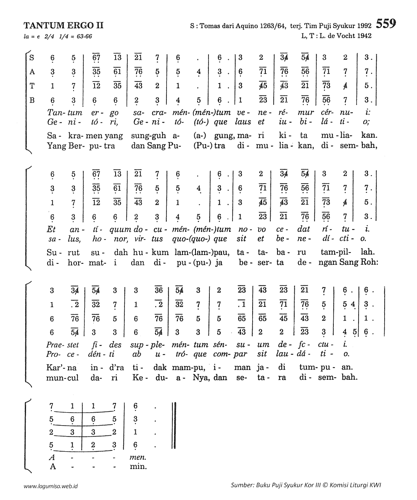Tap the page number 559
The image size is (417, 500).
(x=386, y=24)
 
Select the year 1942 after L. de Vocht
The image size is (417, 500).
(x=364, y=36)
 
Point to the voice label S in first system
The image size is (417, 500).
(x=32, y=58)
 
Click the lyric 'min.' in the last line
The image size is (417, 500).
(x=138, y=466)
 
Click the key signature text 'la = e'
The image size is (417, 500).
(x=32, y=37)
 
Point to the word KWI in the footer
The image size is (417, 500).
(x=375, y=485)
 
